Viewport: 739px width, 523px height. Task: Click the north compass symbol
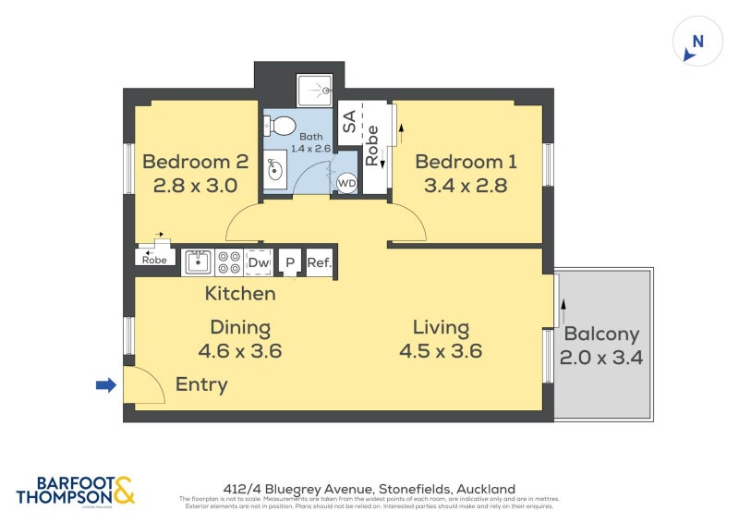pyautogui.click(x=697, y=43)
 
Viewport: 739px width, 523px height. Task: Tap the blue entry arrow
pyautogui.click(x=106, y=384)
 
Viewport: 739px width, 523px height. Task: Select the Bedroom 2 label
pyautogui.click(x=195, y=162)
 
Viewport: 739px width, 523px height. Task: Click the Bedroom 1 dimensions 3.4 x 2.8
pyautogui.click(x=466, y=185)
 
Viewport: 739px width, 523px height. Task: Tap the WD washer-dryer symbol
pyautogui.click(x=346, y=183)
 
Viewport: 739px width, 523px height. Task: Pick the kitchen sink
pyautogui.click(x=198, y=262)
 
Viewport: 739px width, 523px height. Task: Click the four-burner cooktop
pyautogui.click(x=229, y=262)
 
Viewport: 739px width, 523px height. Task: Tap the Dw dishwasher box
pyautogui.click(x=260, y=262)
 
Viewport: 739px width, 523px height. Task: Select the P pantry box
pyautogui.click(x=289, y=263)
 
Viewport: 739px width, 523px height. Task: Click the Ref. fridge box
pyautogui.click(x=319, y=263)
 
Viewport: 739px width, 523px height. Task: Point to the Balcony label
pyautogui.click(x=601, y=334)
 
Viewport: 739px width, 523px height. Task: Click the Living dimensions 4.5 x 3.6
pyautogui.click(x=441, y=351)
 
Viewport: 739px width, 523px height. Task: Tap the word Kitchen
pyautogui.click(x=240, y=294)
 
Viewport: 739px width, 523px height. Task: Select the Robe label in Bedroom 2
pyautogui.click(x=153, y=260)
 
